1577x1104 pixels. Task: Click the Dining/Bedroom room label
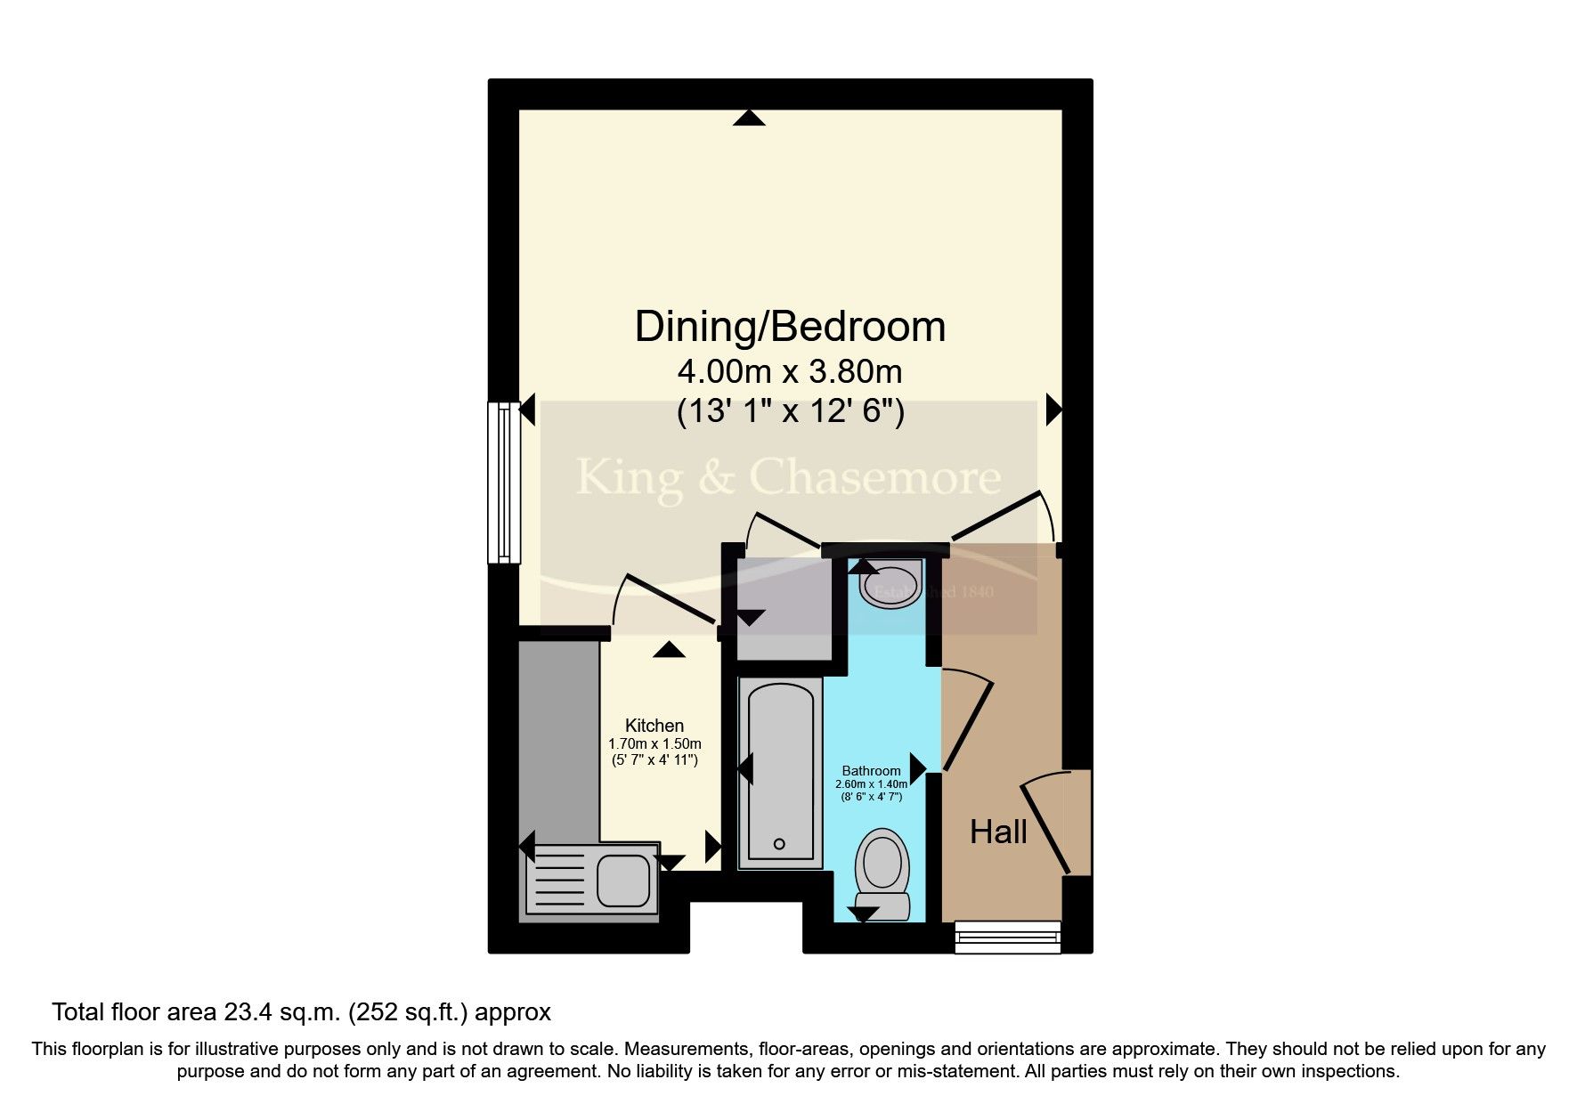[x=789, y=327]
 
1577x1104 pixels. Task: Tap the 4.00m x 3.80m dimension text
[x=789, y=370]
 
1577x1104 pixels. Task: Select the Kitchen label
[x=654, y=726]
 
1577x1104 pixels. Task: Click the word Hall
[x=998, y=832]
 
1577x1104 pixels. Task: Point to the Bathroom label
[x=871, y=771]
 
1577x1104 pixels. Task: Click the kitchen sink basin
[x=623, y=879]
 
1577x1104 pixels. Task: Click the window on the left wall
[x=503, y=482]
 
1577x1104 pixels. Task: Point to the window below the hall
[x=1007, y=937]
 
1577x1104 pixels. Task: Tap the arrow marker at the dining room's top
[x=749, y=118]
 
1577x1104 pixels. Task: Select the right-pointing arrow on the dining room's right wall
[x=1054, y=410]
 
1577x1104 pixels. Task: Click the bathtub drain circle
[x=779, y=844]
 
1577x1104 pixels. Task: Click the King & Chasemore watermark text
[x=788, y=477]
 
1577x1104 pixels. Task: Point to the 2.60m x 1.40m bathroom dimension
[x=871, y=784]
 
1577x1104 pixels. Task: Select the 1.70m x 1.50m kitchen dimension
[x=654, y=743]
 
